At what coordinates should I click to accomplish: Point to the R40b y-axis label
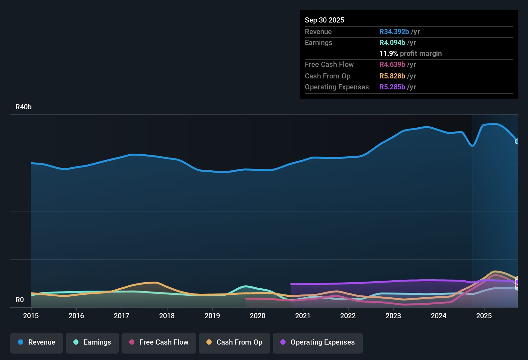click(x=23, y=107)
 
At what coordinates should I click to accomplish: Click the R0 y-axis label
click(x=20, y=300)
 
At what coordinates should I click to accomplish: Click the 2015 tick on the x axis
click(x=31, y=316)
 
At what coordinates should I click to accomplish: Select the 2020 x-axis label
click(x=258, y=316)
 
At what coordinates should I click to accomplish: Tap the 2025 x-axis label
click(x=484, y=316)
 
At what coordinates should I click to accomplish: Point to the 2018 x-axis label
click(x=167, y=316)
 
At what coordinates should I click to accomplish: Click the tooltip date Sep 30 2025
click(x=324, y=20)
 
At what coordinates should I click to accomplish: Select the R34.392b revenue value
click(x=394, y=32)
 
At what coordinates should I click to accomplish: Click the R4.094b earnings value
click(x=392, y=43)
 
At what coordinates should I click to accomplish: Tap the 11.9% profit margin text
click(x=411, y=54)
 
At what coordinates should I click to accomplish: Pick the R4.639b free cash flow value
click(x=392, y=65)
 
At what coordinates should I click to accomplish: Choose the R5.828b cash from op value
click(x=392, y=76)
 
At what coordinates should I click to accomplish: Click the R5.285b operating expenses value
click(x=392, y=87)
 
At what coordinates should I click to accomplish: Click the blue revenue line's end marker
click(x=517, y=141)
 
